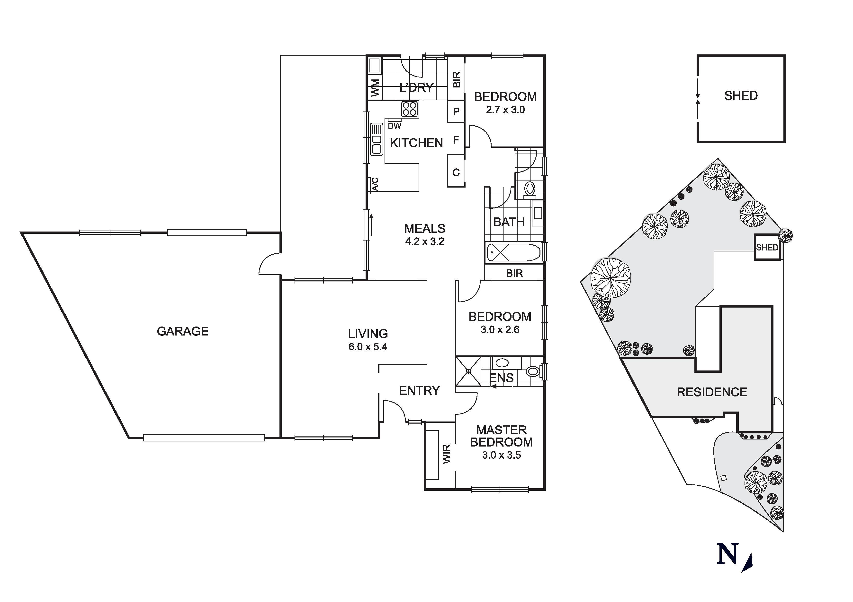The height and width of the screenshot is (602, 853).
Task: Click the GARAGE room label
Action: pos(182,331)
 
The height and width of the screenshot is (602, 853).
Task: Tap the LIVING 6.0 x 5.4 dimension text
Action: pos(368,347)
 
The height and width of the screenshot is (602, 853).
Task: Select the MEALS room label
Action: pos(425,228)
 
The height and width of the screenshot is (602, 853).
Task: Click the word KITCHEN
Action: pos(416,143)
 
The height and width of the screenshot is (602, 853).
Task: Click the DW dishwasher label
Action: pos(395,126)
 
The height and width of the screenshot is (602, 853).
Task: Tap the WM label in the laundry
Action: pos(376,88)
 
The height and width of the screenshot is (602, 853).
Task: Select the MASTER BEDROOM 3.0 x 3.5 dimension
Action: pos(501,455)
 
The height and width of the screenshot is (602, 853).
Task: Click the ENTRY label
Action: pos(419,390)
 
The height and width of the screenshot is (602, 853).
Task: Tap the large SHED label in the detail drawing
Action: pos(741,96)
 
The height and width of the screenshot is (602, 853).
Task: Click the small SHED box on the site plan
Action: pos(767,247)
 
